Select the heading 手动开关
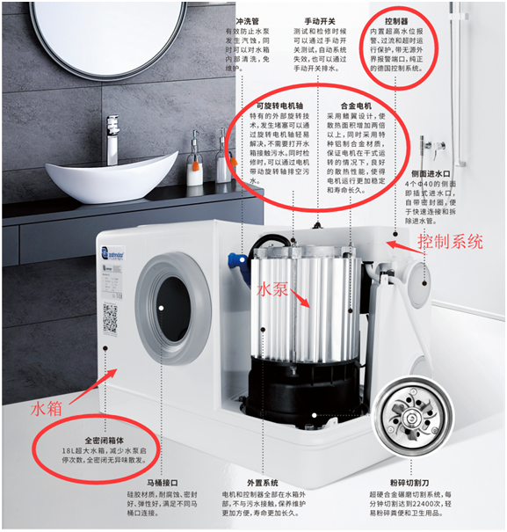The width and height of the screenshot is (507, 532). click(321, 19)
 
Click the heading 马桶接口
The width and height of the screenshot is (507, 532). click(163, 482)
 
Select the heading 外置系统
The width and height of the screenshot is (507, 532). click(263, 482)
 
